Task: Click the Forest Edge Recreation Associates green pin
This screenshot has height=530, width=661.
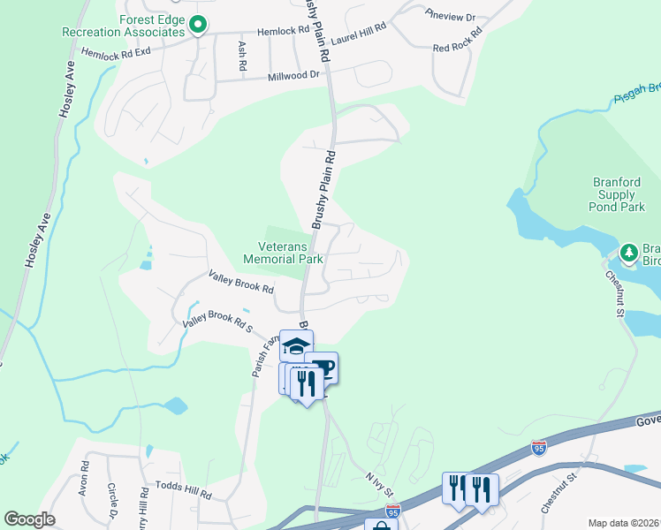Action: (x=199, y=25)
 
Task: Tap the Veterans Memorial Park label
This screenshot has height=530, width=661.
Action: (x=283, y=254)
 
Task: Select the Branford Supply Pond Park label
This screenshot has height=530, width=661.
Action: (x=617, y=194)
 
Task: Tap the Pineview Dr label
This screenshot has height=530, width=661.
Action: (x=450, y=17)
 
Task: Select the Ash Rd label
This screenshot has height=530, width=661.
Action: (x=241, y=56)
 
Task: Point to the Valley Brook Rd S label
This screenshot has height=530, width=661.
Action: (x=217, y=322)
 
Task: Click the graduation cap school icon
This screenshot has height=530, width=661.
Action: (x=296, y=346)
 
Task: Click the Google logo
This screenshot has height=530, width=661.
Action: (x=29, y=519)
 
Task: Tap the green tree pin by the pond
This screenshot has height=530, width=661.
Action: (x=629, y=254)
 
